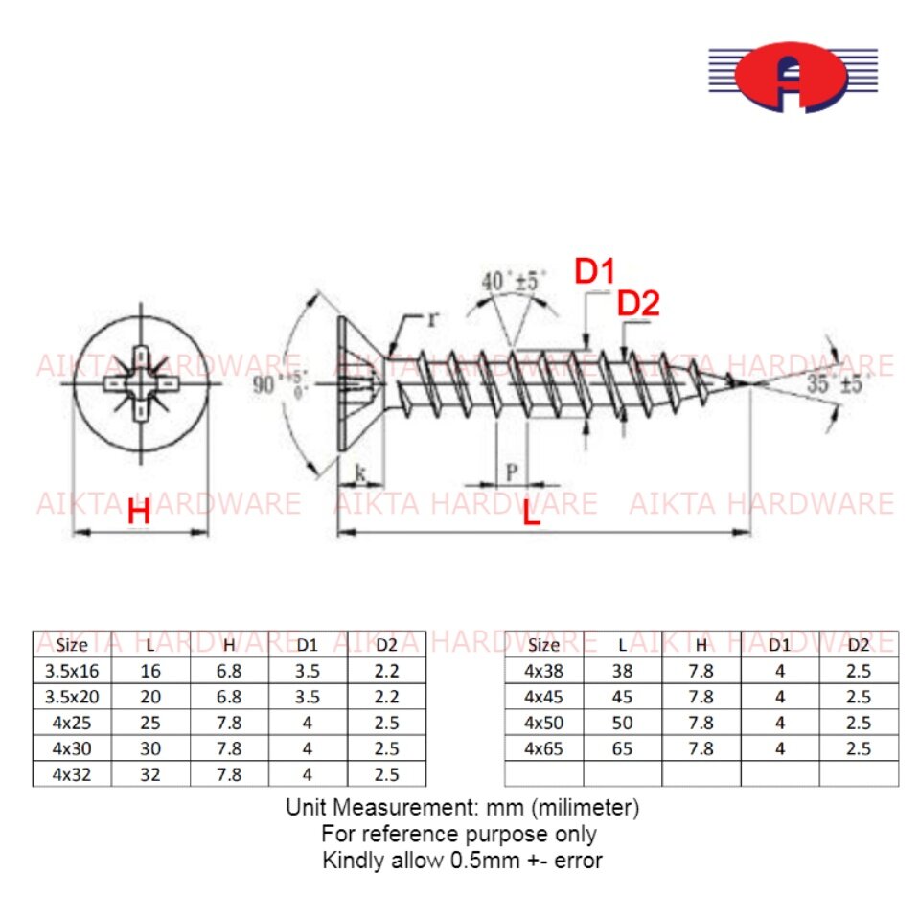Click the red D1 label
click(594, 272)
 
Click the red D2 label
click(638, 304)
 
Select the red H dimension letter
click(139, 514)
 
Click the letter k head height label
click(360, 471)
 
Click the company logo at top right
click(793, 78)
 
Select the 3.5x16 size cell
click(72, 671)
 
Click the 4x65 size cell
click(543, 748)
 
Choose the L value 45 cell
click(622, 697)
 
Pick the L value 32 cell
click(150, 774)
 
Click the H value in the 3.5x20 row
click(229, 697)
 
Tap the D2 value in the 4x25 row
click(386, 723)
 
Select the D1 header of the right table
click(780, 644)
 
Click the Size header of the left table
click(72, 644)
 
